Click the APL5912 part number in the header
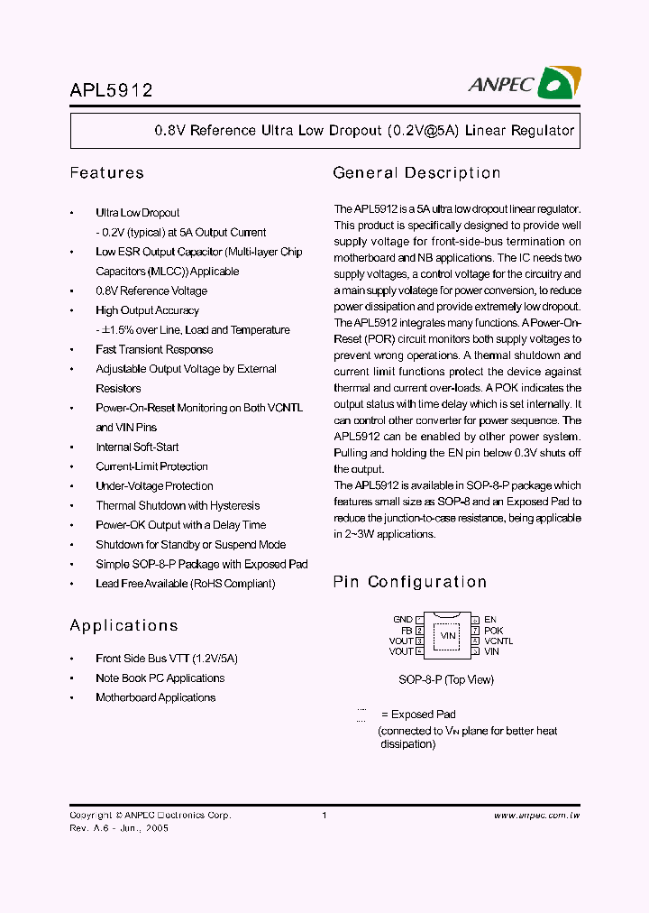111,90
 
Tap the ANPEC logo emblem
559,83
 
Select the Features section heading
106,172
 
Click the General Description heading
416,172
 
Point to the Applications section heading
123,625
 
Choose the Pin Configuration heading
410,582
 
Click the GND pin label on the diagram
403,620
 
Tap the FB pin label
407,631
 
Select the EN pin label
490,620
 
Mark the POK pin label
494,631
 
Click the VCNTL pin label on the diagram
498,641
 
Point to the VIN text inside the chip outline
447,636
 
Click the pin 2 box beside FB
420,631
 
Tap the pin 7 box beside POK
475,631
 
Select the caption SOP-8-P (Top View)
446,679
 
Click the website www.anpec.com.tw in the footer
536,816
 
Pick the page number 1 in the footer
324,816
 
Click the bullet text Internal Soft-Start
137,447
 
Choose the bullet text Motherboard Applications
156,697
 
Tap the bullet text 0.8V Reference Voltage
151,291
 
